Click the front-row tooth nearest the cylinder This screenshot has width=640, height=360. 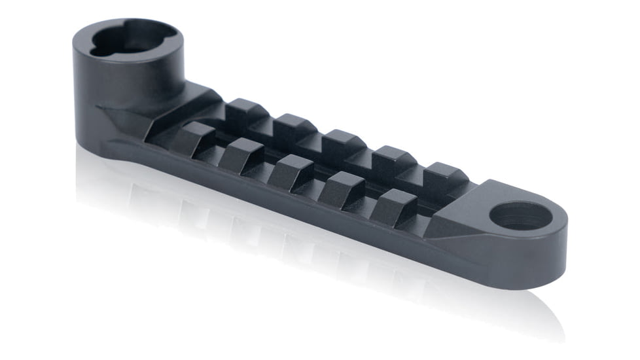tap(194, 139)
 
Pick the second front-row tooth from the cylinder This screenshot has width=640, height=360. tap(241, 156)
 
